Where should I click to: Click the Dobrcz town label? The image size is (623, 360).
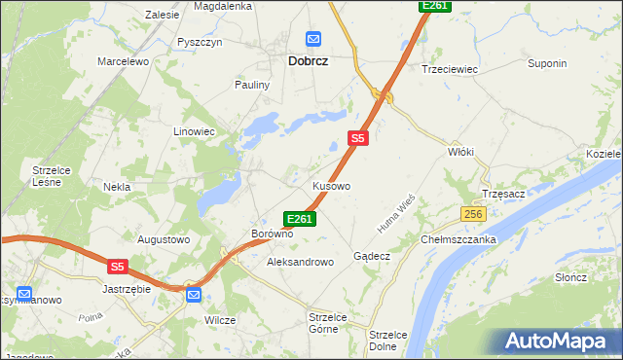(307, 60)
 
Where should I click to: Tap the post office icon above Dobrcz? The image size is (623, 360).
(313, 39)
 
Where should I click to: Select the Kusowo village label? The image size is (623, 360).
(331, 185)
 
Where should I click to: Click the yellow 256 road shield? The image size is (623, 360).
(473, 214)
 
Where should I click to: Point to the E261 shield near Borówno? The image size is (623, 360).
(299, 219)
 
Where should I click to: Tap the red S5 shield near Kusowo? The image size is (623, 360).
(358, 139)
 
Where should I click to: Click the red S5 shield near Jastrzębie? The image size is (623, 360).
(118, 266)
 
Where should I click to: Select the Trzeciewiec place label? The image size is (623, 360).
(447, 69)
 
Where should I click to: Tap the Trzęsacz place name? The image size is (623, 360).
(503, 194)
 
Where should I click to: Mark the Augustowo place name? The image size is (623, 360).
(163, 238)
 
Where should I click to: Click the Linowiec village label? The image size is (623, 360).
(194, 131)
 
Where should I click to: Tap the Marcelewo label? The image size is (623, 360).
(122, 61)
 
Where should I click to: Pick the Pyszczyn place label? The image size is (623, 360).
(201, 43)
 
